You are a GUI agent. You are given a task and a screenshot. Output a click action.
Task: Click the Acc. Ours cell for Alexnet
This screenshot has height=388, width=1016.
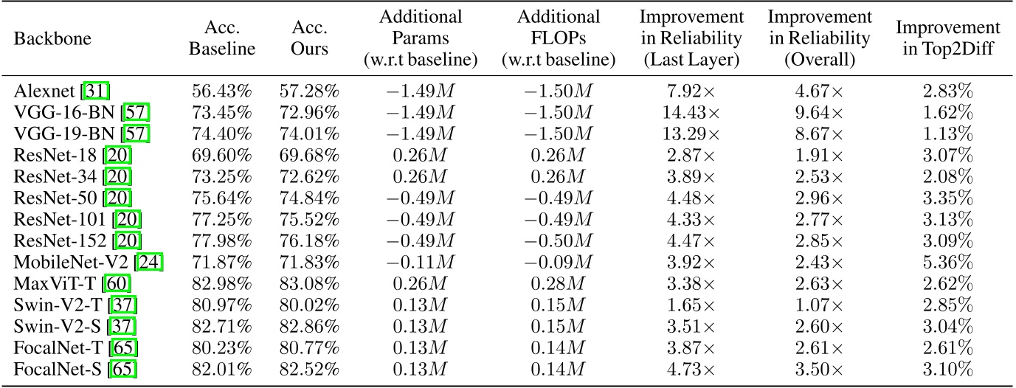(309, 92)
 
